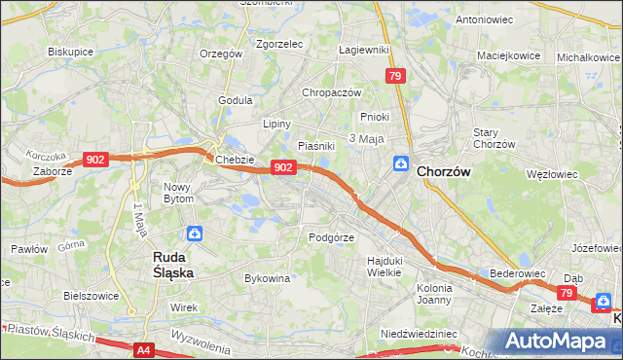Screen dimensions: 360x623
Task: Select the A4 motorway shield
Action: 144,349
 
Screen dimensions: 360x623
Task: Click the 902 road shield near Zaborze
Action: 95,160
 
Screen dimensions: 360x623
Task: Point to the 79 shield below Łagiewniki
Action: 394,75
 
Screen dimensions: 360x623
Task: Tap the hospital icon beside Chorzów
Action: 400,163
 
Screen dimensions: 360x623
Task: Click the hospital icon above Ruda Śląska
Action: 195,234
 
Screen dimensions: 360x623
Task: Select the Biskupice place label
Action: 70,51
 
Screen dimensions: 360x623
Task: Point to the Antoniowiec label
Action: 485,19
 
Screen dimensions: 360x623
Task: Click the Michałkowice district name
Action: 589,57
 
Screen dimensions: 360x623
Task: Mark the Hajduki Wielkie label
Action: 385,266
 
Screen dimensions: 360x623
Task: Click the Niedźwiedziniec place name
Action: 419,333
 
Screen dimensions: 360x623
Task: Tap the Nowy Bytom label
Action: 178,192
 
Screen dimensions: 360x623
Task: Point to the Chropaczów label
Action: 332,92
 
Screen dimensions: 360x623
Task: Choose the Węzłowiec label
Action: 551,175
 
